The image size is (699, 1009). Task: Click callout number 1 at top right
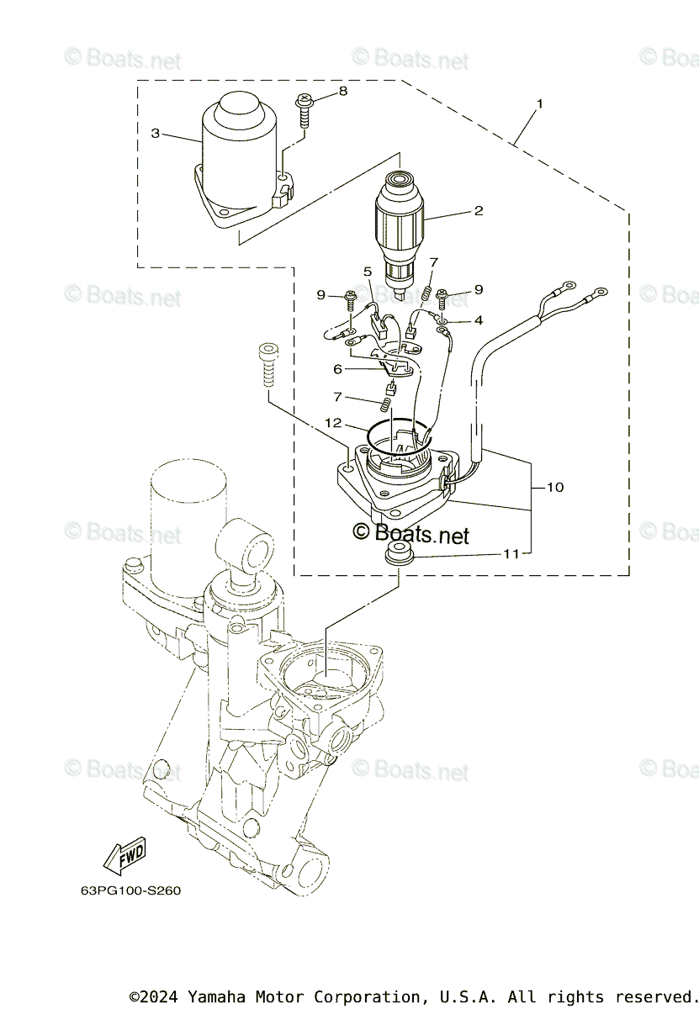point(539,104)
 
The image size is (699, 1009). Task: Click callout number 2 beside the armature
point(478,210)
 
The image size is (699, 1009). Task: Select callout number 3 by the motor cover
point(156,133)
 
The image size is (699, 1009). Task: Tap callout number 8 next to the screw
point(342,91)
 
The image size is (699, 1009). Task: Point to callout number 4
point(478,320)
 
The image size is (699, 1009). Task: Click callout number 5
point(368,272)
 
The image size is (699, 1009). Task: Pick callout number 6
point(338,368)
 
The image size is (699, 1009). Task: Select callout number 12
point(335,422)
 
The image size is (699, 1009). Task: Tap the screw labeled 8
point(304,110)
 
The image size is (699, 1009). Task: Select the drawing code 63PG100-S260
point(119,891)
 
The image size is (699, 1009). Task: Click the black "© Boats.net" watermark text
point(410,533)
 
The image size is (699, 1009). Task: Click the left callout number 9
point(320,294)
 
